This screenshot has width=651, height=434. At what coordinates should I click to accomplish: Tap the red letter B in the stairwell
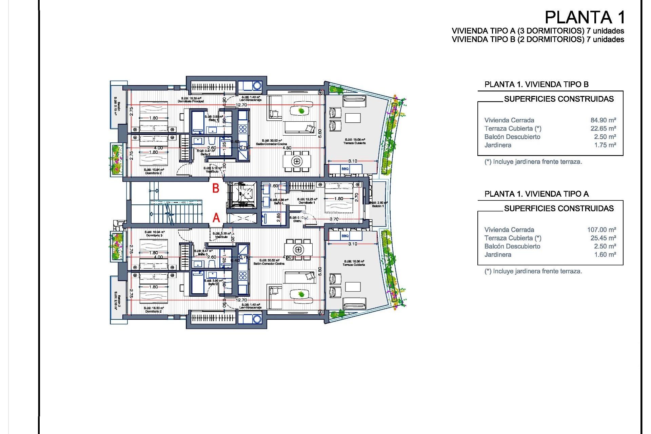(216, 188)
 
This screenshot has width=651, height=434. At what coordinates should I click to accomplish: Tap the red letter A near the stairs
(216, 218)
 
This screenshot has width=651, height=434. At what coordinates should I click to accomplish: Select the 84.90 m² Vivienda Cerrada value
(603, 120)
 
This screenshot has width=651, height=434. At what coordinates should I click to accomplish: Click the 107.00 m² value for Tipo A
(601, 230)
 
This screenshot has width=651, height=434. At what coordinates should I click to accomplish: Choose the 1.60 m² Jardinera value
(605, 255)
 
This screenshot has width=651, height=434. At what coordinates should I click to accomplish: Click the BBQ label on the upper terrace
(345, 169)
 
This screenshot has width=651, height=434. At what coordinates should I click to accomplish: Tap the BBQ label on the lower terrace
(345, 236)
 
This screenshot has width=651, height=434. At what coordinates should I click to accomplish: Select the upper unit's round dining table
(297, 161)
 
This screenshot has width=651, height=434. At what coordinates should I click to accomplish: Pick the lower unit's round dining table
(298, 250)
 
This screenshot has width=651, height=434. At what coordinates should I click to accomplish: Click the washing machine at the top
(257, 86)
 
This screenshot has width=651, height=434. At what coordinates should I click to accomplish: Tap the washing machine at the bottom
(257, 319)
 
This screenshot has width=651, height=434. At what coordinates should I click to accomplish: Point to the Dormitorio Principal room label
(191, 101)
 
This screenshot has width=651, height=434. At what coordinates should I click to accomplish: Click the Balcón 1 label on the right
(378, 206)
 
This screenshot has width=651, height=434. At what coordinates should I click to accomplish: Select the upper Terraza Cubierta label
(354, 143)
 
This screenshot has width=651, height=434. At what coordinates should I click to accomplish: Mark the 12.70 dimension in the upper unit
(241, 105)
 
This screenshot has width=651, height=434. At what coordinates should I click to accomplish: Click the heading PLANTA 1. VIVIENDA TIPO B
(536, 84)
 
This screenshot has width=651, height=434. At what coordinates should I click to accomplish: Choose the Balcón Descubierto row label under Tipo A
(512, 246)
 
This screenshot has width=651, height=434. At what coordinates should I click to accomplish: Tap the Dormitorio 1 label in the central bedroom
(307, 202)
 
